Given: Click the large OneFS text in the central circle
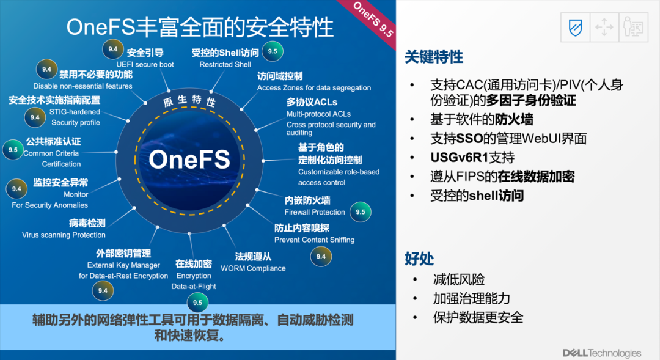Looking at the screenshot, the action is tap(189, 159).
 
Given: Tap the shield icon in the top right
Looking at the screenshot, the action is tap(576, 28).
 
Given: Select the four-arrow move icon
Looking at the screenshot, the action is tap(604, 28).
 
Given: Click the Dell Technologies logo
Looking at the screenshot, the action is tap(602, 353).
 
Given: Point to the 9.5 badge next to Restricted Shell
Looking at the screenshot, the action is tap(273, 51).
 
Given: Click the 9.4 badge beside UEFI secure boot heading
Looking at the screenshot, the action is tap(113, 50).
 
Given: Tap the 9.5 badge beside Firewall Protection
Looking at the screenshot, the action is tap(361, 212).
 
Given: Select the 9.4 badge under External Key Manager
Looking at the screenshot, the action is tap(103, 290).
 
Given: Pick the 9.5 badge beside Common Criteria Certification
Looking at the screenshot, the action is tap(13, 150).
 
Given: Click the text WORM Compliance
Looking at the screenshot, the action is tap(253, 268).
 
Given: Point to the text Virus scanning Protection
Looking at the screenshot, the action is tap(64, 235).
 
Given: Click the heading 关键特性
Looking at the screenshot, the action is tap(433, 57).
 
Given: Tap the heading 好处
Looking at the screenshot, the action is tap(419, 259).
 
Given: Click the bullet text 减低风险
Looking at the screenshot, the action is tap(459, 279).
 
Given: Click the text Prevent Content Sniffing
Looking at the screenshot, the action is tap(315, 240).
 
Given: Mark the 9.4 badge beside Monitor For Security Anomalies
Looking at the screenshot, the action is tap(16, 189).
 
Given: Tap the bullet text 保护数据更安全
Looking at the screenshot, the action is tap(478, 317).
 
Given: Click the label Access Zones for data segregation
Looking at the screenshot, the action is tap(314, 87).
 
